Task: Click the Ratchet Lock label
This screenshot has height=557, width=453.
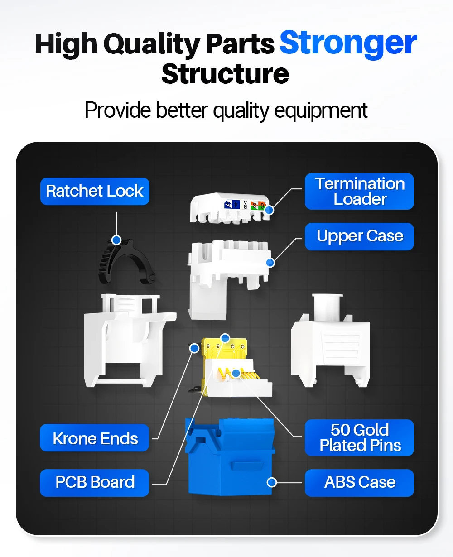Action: point(95,191)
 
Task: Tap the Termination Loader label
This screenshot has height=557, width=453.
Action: point(359,191)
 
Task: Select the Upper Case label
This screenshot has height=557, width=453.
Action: point(359,236)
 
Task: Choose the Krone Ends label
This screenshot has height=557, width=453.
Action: point(95,438)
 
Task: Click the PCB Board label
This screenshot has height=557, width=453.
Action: point(95,482)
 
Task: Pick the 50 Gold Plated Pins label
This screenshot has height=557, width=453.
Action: point(359,437)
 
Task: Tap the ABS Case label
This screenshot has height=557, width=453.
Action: point(359,482)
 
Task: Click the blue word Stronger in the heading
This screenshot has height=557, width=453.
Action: point(348,43)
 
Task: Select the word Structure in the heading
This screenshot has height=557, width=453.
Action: point(225,73)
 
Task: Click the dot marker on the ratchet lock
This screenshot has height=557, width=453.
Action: point(116,240)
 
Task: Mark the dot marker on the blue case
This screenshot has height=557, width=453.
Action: point(272,482)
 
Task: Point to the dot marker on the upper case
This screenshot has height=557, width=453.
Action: point(270,262)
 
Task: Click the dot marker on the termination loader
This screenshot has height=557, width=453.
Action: point(270,210)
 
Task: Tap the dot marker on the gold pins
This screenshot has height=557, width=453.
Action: point(236,373)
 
